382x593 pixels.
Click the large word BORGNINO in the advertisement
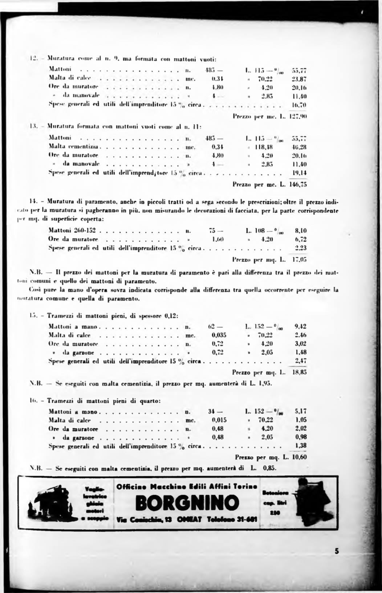(187, 503)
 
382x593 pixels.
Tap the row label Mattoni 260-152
(73, 230)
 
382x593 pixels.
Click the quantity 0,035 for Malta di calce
(219, 335)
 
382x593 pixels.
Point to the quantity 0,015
(219, 420)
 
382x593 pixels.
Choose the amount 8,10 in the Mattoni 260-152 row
(301, 230)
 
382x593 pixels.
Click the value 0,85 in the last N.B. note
(269, 468)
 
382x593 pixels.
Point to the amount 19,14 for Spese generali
(300, 173)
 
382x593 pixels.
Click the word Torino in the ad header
(245, 486)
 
